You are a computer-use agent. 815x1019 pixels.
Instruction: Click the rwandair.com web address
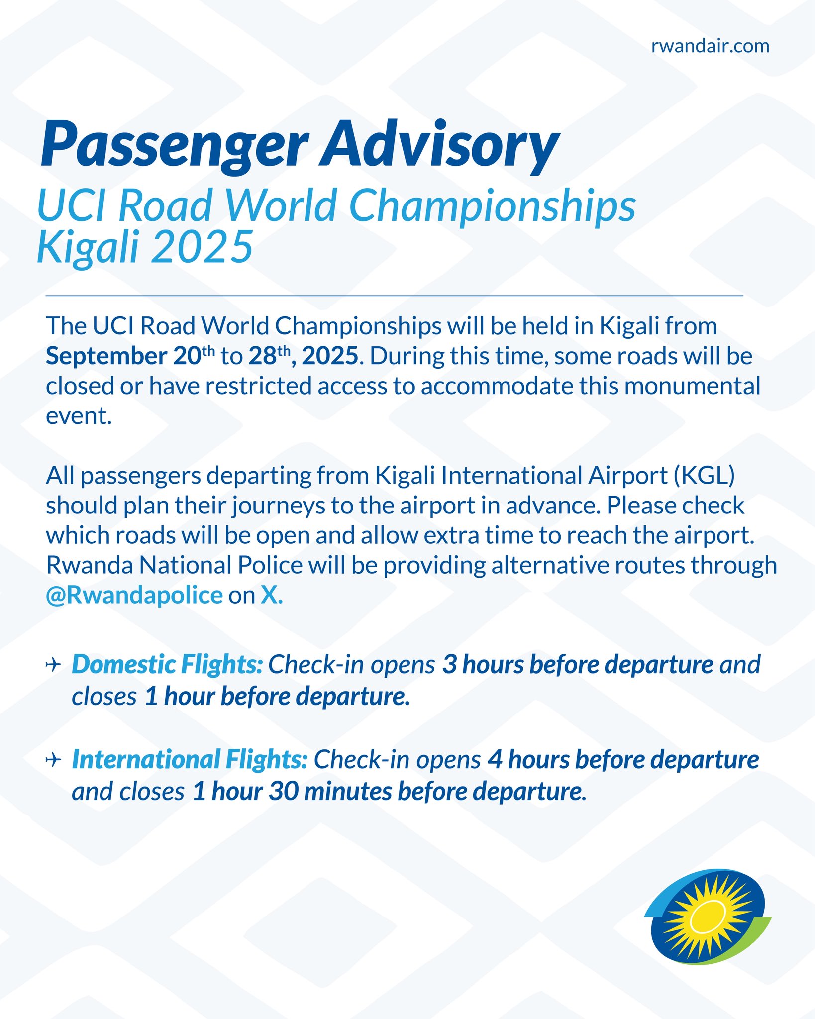point(710,46)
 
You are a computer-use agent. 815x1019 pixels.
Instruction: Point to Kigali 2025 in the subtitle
point(145,247)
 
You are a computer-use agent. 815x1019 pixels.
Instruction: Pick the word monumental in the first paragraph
point(692,386)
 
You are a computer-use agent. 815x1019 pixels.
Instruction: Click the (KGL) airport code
point(704,476)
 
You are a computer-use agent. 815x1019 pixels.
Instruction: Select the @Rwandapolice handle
point(134,596)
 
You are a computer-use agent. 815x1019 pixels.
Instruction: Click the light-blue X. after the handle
point(272,595)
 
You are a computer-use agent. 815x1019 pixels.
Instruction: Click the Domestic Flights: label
point(167,665)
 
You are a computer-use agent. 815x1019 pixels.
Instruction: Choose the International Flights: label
point(190,760)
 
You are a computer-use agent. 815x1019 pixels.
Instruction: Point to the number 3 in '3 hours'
point(450,665)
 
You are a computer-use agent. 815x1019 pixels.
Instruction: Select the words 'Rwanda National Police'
point(174,565)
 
